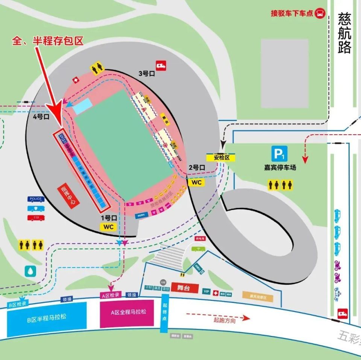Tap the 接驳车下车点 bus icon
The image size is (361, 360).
point(320,13)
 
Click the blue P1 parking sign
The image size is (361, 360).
point(280,154)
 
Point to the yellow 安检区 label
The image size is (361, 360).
point(221,158)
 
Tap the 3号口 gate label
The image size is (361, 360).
point(147,74)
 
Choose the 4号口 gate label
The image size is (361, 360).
point(41,117)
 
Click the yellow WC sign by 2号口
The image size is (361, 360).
point(197,182)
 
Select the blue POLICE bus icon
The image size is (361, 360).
point(35,199)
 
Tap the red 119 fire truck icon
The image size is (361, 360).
point(35,217)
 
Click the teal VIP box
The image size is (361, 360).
point(206,292)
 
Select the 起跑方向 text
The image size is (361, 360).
point(225,321)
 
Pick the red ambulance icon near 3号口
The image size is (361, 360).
point(161,65)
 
